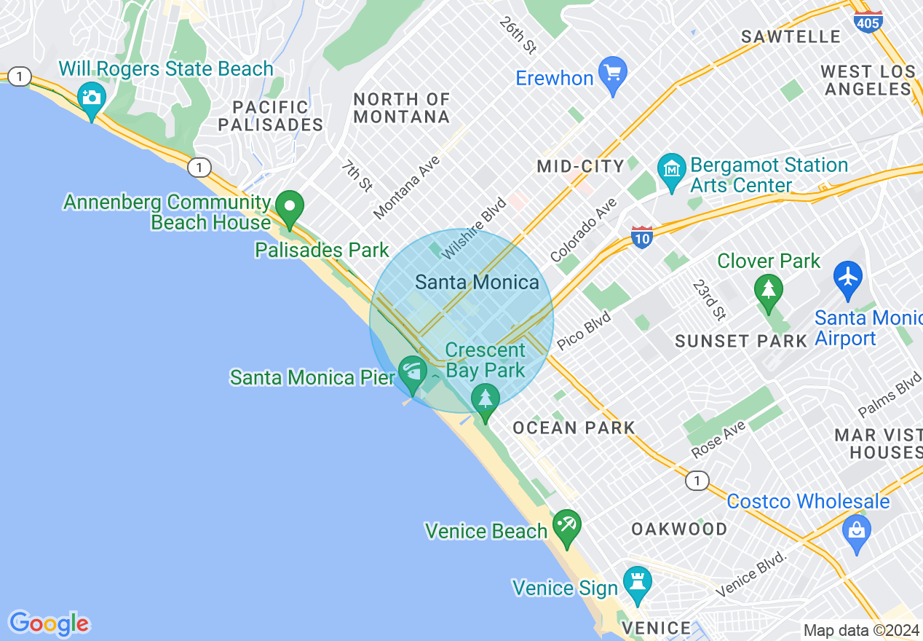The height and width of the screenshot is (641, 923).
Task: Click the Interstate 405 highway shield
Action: (869, 20)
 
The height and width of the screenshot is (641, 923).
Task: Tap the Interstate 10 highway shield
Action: (641, 237)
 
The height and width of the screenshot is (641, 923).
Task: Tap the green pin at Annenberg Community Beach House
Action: (290, 208)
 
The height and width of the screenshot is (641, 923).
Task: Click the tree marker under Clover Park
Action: (768, 291)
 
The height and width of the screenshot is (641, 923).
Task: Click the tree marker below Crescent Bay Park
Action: (485, 401)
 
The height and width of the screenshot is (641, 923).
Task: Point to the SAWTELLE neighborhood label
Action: (791, 36)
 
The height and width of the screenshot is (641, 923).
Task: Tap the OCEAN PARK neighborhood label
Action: (574, 428)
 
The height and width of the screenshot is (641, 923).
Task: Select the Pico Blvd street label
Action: (583, 330)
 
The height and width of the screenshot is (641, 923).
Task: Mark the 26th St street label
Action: (518, 35)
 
